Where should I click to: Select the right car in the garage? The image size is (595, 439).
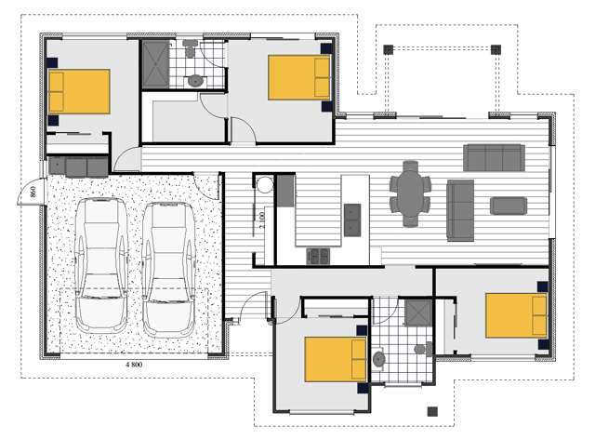point(167,270)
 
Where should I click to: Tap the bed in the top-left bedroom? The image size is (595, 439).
point(79,91)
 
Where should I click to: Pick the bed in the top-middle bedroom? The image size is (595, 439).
point(299,77)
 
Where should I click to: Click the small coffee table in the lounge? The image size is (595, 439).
point(509,206)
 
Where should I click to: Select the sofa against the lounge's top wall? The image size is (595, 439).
point(494,156)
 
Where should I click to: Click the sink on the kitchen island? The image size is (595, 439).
point(354,220)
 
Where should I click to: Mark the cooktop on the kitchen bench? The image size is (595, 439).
point(319,254)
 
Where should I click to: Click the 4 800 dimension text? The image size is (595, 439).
point(139,366)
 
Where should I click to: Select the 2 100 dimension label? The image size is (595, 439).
point(262,221)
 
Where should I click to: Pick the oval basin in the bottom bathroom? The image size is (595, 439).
point(379,358)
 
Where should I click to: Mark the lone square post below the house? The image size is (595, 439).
point(430,411)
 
